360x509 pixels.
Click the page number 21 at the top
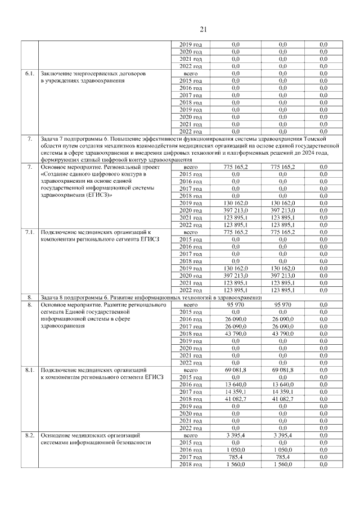(x=204, y=29)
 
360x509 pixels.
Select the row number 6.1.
(x=29, y=74)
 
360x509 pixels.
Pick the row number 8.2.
(x=29, y=436)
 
